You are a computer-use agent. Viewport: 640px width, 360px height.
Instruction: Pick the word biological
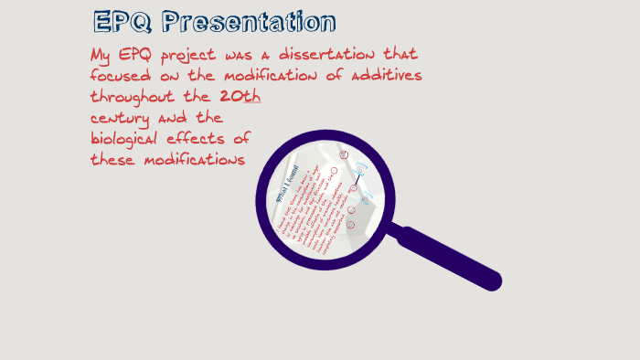coord(129,140)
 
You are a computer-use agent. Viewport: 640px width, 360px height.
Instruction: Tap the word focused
coord(123,76)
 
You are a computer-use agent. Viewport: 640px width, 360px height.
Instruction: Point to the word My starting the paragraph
coord(102,55)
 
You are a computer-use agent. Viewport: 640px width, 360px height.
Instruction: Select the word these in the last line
coord(113,160)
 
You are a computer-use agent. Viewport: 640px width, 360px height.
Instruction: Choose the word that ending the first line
coord(399,55)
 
